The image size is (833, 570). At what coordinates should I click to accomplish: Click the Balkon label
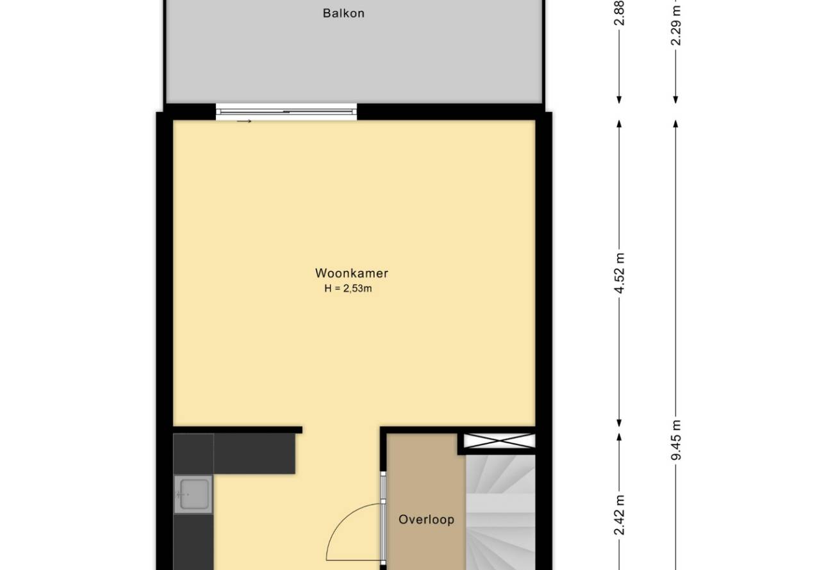pos(343,13)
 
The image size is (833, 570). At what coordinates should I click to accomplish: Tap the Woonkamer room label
pos(351,273)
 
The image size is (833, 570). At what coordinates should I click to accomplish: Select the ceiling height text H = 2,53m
pos(348,288)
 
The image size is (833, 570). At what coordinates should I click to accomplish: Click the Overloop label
pos(426,519)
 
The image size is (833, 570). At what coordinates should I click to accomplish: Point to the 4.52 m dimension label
pos(619,273)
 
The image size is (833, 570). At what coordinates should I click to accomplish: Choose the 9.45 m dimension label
pos(676,440)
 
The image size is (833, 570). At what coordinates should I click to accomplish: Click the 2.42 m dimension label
pos(619,515)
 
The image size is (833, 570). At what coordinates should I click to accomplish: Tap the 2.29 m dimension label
pos(676,25)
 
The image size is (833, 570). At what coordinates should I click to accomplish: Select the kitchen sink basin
pos(194,494)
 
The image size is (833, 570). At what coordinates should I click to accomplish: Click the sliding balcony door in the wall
pos(286,111)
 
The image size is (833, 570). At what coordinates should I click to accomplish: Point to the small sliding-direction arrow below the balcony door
pos(244,121)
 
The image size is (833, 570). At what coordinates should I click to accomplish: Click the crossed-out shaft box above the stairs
pos(499,441)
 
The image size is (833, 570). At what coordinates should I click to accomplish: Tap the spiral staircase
pos(500,512)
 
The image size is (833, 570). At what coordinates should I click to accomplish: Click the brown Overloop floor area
pos(426,501)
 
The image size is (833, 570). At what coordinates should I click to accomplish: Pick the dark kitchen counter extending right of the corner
pos(254,453)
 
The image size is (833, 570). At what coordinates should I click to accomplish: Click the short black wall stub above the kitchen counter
pos(238,430)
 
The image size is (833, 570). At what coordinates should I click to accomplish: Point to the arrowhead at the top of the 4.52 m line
pos(619,124)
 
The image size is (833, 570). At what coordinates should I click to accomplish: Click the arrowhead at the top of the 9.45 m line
pos(676,124)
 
